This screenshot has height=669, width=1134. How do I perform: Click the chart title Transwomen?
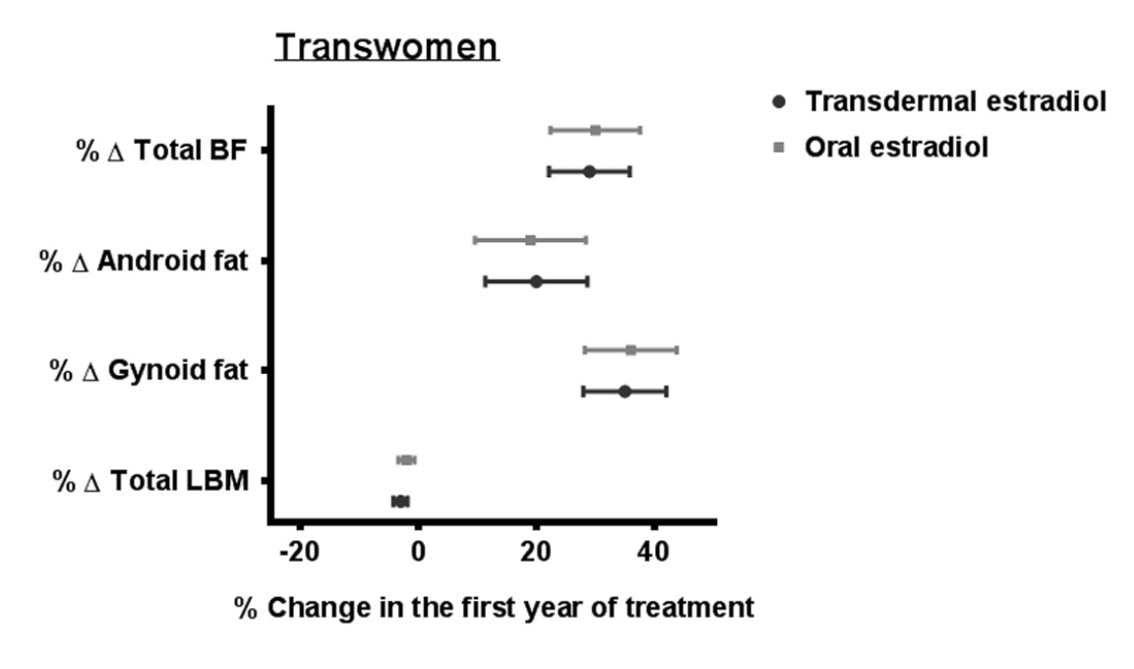pyautogui.click(x=387, y=47)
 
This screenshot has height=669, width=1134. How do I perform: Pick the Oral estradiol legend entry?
pyautogui.click(x=896, y=148)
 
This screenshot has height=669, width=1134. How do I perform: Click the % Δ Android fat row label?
pyautogui.click(x=142, y=261)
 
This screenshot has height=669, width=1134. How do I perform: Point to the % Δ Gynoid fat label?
pyautogui.click(x=148, y=371)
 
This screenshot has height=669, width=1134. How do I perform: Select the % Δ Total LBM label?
pyautogui.click(x=149, y=481)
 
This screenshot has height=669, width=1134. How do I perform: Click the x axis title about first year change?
pyautogui.click(x=494, y=607)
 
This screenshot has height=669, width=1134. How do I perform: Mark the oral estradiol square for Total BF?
pyautogui.click(x=595, y=130)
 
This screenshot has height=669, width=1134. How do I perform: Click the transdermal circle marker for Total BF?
pyautogui.click(x=589, y=171)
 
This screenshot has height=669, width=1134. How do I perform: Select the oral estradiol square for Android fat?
pyautogui.click(x=530, y=240)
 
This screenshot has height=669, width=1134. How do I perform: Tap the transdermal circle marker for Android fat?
pyautogui.click(x=536, y=281)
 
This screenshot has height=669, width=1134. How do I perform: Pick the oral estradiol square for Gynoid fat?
pyautogui.click(x=630, y=350)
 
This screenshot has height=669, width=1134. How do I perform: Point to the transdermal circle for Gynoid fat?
pyautogui.click(x=625, y=392)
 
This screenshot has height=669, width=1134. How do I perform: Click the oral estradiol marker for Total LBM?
pyautogui.click(x=406, y=459)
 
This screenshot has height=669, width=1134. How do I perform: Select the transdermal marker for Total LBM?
pyautogui.click(x=399, y=502)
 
